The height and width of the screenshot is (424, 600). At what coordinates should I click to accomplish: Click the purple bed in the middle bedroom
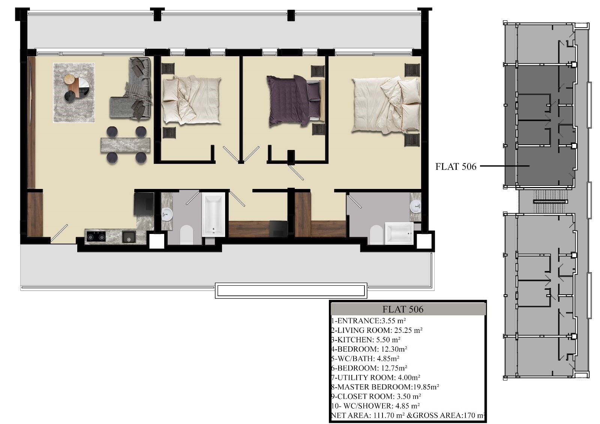pos(295,100)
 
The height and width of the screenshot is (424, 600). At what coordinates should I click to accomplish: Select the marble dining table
pos(125,145)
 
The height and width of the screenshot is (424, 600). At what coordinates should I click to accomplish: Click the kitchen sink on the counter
pos(129,237)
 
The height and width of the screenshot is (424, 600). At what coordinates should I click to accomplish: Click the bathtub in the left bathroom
pos(213,214)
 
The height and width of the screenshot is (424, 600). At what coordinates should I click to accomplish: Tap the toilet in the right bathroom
pos(376,234)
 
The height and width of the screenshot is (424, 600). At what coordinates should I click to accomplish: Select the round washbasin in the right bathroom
pos(415,206)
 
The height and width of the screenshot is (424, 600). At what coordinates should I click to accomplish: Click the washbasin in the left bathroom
pos(167,214)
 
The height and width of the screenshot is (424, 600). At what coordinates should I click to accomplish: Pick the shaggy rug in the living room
pos(74,93)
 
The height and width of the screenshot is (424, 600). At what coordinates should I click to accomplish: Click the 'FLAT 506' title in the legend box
pos(403,309)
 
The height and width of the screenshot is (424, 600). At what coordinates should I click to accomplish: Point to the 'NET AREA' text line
pos(408,415)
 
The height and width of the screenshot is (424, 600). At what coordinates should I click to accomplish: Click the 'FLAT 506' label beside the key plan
pos(456,166)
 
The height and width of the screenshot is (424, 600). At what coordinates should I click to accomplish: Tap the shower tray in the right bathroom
pos(399,233)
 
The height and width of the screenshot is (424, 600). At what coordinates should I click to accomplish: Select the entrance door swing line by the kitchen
pos(59,233)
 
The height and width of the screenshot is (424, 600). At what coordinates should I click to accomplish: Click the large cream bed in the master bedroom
pos(386,105)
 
